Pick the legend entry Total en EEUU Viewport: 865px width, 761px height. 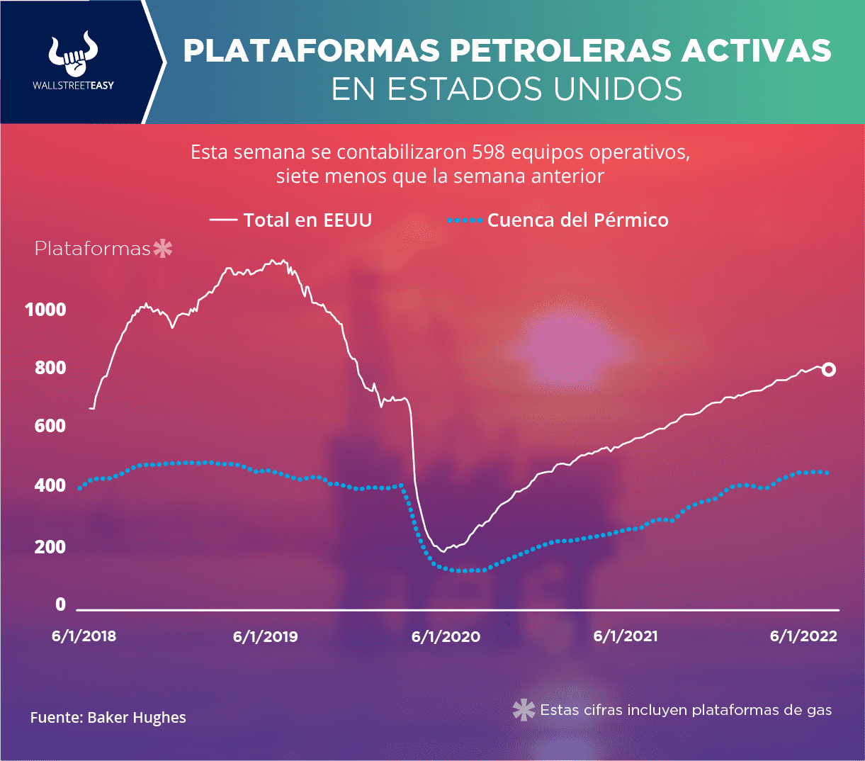(x=307, y=220)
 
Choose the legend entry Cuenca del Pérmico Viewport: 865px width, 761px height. (x=577, y=220)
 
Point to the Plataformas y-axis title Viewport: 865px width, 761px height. (x=93, y=249)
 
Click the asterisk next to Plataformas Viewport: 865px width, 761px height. (x=163, y=249)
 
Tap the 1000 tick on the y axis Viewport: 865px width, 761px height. (x=45, y=310)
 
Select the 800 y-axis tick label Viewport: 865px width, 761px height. (x=50, y=368)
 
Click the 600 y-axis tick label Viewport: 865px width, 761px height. (x=50, y=426)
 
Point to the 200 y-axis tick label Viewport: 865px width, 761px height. (x=50, y=547)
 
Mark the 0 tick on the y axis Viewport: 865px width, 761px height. (x=61, y=604)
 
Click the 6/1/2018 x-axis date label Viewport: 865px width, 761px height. (x=84, y=636)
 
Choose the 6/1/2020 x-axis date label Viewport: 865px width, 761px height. (x=446, y=636)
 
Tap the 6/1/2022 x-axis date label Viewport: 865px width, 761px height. (x=803, y=636)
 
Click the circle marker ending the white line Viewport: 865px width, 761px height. (x=828, y=369)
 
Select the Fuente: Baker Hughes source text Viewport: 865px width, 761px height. (x=108, y=718)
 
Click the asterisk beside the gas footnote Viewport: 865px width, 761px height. (x=524, y=710)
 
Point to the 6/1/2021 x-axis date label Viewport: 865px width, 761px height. (x=625, y=636)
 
